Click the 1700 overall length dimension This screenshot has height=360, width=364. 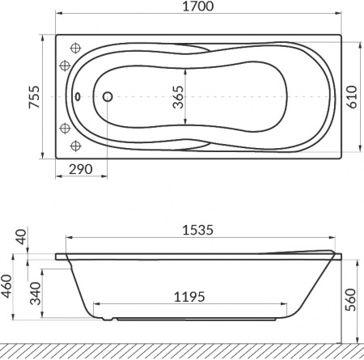(x=198, y=6)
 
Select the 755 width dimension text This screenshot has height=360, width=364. (x=34, y=97)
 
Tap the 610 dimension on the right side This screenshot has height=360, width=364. (x=352, y=97)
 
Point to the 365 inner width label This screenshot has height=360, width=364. (x=178, y=97)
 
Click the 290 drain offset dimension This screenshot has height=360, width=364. (x=81, y=169)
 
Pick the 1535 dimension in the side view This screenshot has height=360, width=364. (x=198, y=230)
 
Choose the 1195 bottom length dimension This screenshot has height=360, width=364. (x=189, y=297)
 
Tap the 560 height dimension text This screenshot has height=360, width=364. (x=350, y=299)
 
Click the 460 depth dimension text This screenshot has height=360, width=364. (x=6, y=286)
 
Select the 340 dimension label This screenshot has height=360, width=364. (x=35, y=294)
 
